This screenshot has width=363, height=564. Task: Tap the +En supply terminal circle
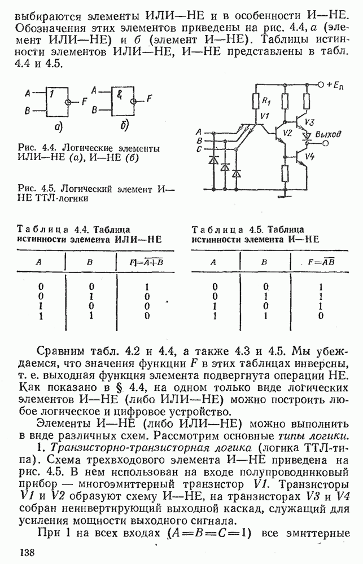pyautogui.click(x=322, y=85)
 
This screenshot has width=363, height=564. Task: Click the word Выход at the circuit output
pyautogui.click(x=328, y=135)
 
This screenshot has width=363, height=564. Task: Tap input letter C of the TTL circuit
pyautogui.click(x=199, y=149)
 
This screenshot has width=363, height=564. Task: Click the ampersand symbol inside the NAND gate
pyautogui.click(x=120, y=94)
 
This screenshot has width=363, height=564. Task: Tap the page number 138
pyautogui.click(x=28, y=552)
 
